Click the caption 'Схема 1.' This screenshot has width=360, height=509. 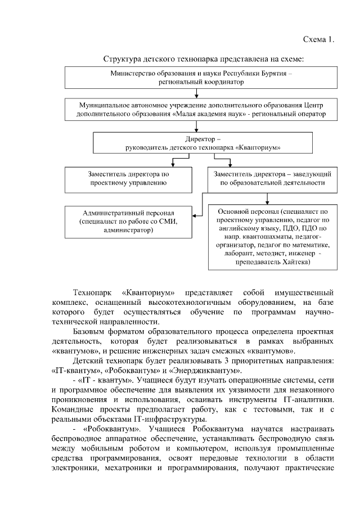318,39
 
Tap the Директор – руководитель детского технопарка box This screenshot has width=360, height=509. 195,142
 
